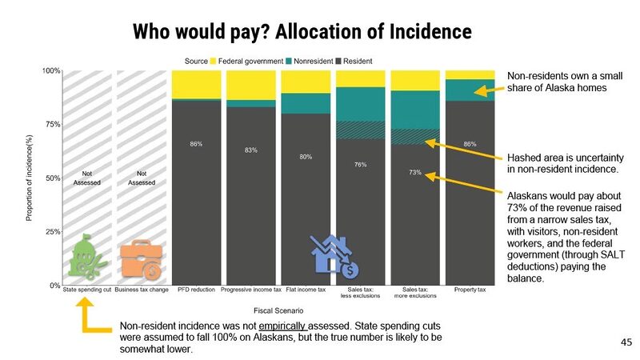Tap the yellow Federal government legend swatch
(x=214, y=61)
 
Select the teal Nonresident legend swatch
(x=290, y=61)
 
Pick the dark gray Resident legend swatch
(x=340, y=61)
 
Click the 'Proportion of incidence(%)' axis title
(x=29, y=178)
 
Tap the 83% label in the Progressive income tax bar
(x=251, y=150)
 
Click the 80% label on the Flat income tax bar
(x=306, y=157)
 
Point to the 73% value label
(x=415, y=172)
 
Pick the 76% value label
(x=360, y=165)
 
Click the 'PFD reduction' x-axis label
(x=196, y=289)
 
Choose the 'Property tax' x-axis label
(x=470, y=289)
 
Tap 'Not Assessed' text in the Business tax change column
(x=141, y=177)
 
